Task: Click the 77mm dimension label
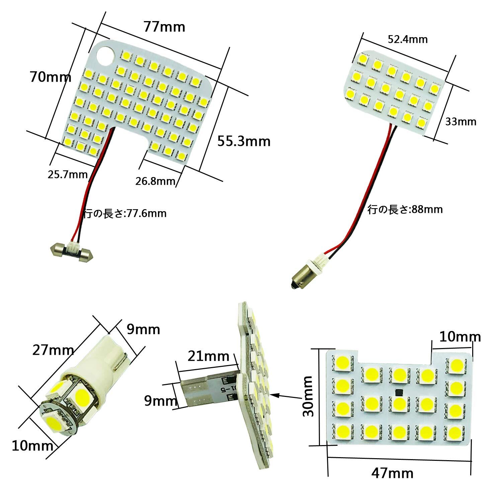click(164, 26)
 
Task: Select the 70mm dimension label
click(51, 77)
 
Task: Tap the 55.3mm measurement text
click(244, 141)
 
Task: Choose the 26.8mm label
click(156, 181)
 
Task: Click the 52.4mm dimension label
click(408, 39)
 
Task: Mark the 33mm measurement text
click(461, 121)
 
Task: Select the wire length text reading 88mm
click(405, 210)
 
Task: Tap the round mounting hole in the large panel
click(107, 55)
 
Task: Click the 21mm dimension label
click(208, 356)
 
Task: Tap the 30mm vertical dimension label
click(308, 396)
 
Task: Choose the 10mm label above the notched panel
click(460, 337)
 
